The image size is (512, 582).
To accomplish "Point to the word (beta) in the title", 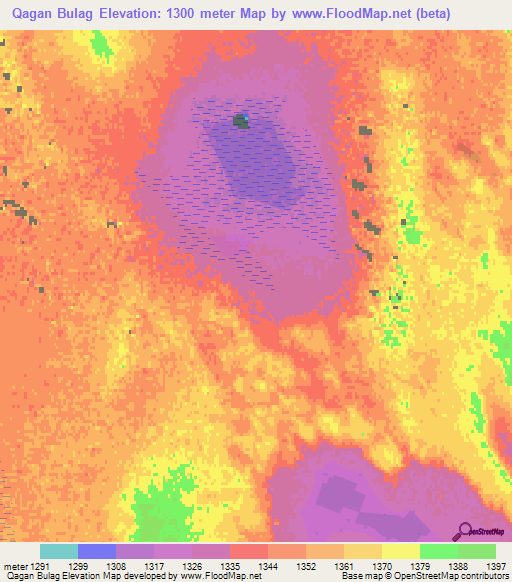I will point(427,14).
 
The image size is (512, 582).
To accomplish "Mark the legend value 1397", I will point(493,566).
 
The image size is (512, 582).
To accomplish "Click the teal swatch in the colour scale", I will point(59,551).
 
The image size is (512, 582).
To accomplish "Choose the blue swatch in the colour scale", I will point(97,551).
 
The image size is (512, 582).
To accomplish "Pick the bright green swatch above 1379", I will point(438,551).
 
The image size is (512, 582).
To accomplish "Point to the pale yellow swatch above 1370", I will point(400,551).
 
